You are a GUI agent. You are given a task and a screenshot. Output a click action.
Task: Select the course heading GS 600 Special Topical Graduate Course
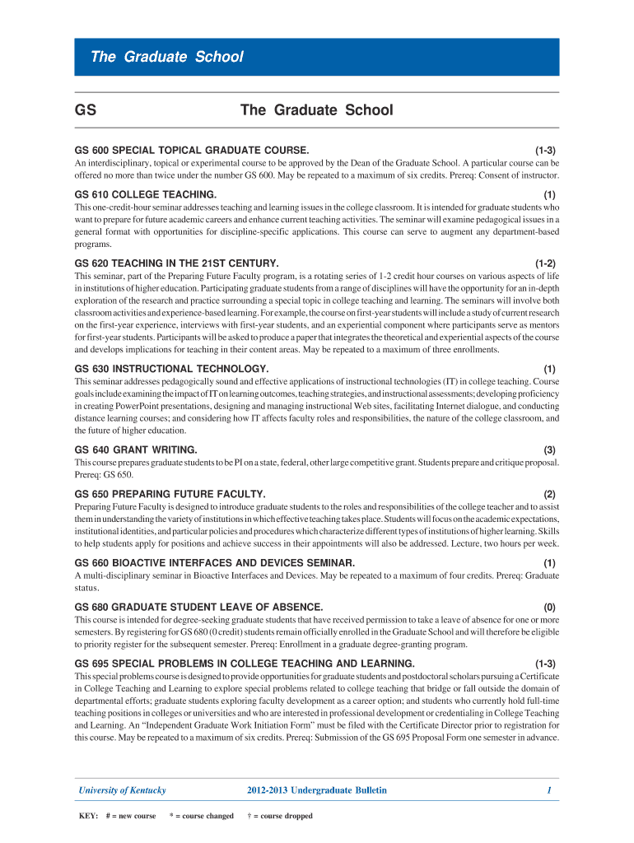click(192, 151)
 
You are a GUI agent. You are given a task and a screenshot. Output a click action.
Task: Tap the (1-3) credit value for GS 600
click(545, 151)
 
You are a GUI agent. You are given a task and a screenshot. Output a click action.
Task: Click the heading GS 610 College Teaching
click(146, 194)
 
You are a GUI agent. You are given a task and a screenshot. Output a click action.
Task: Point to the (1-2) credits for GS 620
click(545, 263)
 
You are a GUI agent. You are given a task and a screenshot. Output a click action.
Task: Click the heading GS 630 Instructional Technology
click(171, 369)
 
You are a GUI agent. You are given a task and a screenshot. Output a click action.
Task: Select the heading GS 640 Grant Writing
click(136, 449)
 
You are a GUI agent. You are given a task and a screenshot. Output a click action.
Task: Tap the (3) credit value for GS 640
click(549, 449)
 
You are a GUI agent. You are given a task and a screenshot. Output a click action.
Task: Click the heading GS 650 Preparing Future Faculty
click(170, 494)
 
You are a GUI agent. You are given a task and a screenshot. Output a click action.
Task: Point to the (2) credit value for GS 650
click(549, 494)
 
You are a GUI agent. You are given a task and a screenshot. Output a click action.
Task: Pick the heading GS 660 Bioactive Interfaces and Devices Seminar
click(215, 562)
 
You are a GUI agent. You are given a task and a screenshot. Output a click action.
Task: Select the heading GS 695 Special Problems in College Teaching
click(245, 664)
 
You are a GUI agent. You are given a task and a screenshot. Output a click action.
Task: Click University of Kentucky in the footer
click(122, 790)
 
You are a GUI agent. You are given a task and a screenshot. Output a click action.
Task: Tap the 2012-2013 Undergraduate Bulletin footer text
click(316, 790)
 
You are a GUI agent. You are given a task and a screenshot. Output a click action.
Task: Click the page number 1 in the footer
click(548, 790)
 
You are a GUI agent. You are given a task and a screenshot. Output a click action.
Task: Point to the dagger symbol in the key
click(249, 817)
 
